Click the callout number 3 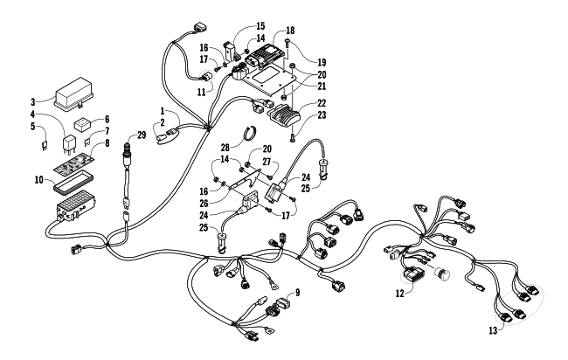(31, 101)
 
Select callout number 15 (260, 25)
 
